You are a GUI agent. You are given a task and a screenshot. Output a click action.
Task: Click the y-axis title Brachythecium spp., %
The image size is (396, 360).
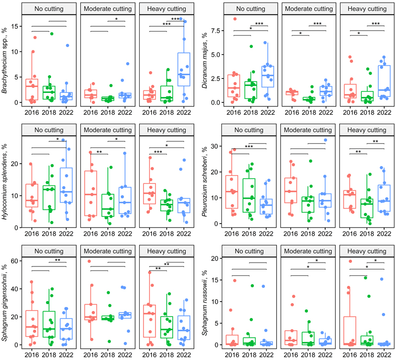7,61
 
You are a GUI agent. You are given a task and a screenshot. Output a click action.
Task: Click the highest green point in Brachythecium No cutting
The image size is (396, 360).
50,34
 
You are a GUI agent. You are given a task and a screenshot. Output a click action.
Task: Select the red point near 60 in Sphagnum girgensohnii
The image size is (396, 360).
90,261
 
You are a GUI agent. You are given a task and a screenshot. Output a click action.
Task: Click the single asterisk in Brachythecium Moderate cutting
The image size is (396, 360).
116,20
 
